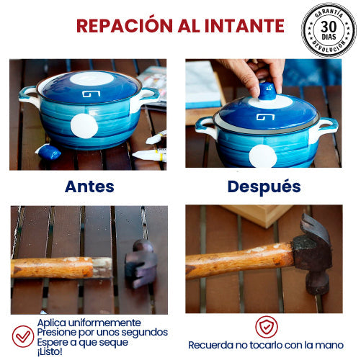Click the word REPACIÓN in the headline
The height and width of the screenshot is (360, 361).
point(125,25)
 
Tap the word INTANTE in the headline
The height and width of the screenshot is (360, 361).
point(244,26)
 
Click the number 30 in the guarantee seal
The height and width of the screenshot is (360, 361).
point(329,27)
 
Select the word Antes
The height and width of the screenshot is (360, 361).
point(89,186)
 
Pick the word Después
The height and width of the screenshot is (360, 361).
point(264,187)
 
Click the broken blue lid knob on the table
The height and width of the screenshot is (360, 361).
point(48,152)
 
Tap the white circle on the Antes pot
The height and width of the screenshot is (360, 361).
point(84,126)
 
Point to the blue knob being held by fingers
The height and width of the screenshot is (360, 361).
point(267,91)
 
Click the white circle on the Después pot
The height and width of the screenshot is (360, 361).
point(263,156)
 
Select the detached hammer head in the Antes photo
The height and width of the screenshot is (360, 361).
point(141,264)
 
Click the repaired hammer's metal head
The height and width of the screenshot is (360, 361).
point(313,253)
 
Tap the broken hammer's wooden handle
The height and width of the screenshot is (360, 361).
point(61,268)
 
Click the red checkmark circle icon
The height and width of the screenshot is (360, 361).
point(23,336)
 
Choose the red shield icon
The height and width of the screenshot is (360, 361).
point(267,327)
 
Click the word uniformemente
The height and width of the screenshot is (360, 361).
point(104,323)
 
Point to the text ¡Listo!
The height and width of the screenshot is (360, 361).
point(50,352)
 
